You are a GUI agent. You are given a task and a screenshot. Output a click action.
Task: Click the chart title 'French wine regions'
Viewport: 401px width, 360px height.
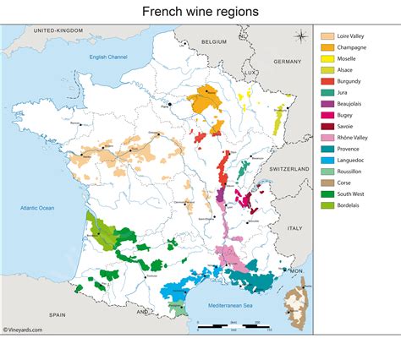click(x=200, y=12)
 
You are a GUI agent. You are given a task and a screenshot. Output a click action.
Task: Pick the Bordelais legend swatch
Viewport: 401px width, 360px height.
click(x=327, y=205)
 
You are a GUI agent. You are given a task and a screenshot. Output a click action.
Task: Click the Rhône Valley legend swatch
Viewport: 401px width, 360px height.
click(x=327, y=134)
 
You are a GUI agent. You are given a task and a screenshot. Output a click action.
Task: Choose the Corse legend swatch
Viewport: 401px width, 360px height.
click(x=327, y=182)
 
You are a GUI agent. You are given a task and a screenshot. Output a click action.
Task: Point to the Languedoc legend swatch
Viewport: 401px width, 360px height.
click(x=327, y=158)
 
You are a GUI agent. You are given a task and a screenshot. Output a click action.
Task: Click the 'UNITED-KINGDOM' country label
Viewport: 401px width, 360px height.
click(x=58, y=30)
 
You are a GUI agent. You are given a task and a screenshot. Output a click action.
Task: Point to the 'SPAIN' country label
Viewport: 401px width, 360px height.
click(x=57, y=314)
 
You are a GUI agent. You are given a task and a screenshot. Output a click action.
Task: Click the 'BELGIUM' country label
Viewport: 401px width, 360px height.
click(x=215, y=41)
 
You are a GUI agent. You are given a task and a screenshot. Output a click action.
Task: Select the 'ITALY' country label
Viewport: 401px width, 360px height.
click(x=294, y=228)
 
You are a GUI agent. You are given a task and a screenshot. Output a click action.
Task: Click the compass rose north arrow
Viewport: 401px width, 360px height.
click(x=300, y=35)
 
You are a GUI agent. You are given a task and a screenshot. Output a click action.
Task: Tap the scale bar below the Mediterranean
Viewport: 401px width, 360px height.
click(x=230, y=325)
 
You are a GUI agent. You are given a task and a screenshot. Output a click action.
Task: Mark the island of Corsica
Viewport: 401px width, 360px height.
click(x=296, y=304)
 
